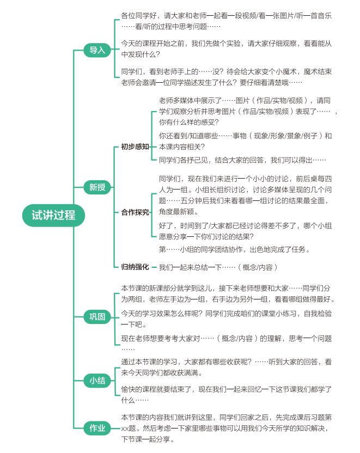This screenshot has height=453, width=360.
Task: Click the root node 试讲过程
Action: (x=53, y=215)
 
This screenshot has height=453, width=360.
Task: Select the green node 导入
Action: (x=97, y=50)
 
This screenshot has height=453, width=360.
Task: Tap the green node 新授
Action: (x=97, y=187)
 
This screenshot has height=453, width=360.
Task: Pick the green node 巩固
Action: (x=97, y=317)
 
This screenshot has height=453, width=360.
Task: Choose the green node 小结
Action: (x=97, y=381)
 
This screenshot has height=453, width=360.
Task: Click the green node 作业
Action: (x=97, y=428)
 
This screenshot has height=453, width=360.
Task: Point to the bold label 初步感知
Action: (x=135, y=147)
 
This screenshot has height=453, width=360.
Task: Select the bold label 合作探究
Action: (x=135, y=212)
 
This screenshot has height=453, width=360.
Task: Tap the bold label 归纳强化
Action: (x=135, y=267)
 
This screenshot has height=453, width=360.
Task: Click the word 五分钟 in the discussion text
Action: (x=191, y=201)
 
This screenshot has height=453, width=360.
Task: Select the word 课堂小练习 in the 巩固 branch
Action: (x=279, y=314)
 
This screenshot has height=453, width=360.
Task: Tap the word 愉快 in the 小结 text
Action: (x=128, y=389)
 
